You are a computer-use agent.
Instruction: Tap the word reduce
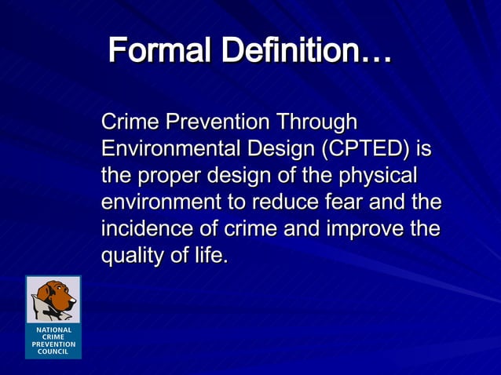(x=286, y=202)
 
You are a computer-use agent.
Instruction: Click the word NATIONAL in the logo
(x=53, y=330)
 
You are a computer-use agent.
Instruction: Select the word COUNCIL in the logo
(x=53, y=351)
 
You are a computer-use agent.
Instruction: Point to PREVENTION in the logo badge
(x=53, y=344)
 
